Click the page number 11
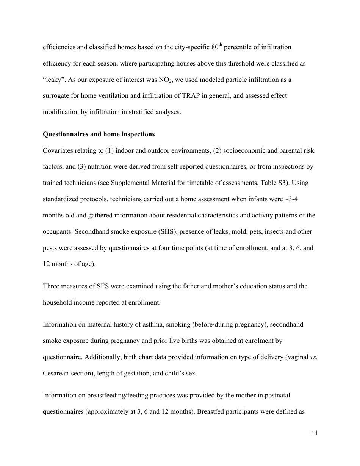[314, 434]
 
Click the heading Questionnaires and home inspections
[99, 134]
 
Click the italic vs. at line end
[313, 357]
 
